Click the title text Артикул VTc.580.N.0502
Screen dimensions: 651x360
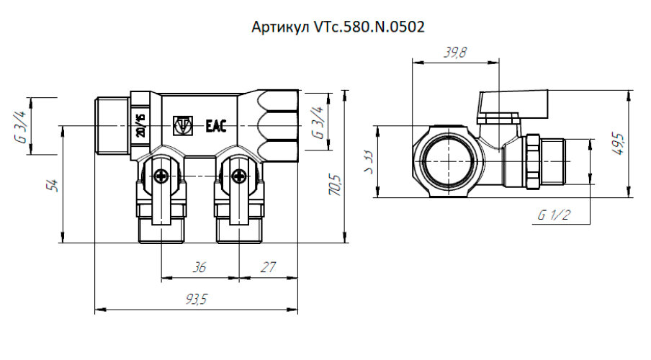point(338,27)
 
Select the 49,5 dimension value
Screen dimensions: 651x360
point(619,144)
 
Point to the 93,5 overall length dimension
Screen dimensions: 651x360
point(195,300)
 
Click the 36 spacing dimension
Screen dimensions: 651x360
point(199,267)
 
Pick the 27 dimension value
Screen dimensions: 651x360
point(268,267)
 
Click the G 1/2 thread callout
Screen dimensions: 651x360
point(552,215)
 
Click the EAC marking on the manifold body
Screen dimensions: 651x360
point(216,126)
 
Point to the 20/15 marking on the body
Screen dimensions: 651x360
point(140,125)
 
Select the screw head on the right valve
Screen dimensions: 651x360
point(238,174)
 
